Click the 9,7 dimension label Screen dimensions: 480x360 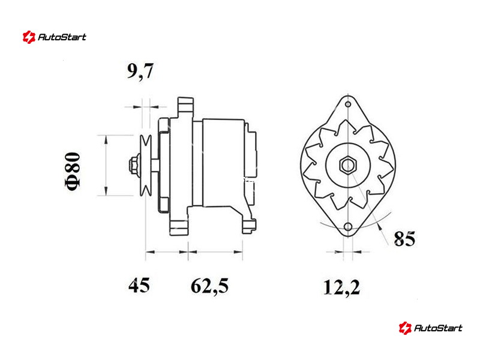[x=140, y=71]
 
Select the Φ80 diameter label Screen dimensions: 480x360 [x=73, y=171]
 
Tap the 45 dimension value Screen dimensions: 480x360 [x=139, y=286]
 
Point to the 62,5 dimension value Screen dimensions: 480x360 [x=209, y=286]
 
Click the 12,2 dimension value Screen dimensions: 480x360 [x=341, y=287]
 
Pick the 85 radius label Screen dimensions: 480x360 [x=404, y=239]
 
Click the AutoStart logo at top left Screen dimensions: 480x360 [x=55, y=37]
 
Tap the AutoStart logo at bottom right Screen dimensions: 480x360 [x=430, y=328]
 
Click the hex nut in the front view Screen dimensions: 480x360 [x=348, y=166]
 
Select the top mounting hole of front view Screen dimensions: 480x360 [x=348, y=104]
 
